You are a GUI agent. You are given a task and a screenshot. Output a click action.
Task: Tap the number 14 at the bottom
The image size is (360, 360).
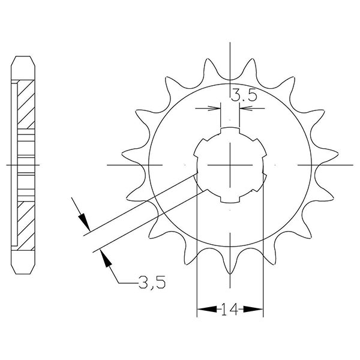230,310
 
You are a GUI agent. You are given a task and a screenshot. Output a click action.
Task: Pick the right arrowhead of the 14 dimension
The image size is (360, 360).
259,310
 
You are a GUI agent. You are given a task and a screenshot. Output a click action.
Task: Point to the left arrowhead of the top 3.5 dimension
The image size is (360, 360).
216,109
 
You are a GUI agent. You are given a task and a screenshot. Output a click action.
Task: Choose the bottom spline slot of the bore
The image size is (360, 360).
230,199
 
